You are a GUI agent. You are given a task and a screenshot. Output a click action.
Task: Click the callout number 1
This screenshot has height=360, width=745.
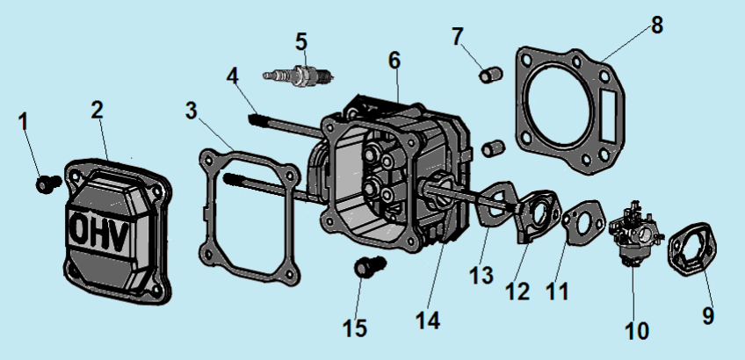[25, 121]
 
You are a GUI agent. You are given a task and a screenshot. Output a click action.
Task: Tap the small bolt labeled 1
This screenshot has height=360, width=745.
[47, 184]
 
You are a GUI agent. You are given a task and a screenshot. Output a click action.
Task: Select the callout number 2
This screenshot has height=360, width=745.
[97, 110]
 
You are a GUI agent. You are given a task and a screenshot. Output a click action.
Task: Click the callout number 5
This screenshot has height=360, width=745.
[301, 41]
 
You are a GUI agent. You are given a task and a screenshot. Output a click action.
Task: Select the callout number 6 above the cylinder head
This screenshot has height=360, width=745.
[394, 61]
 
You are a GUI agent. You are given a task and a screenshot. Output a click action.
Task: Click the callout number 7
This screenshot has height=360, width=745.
[456, 37]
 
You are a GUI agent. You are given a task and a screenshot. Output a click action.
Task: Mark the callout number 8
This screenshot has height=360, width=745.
[657, 25]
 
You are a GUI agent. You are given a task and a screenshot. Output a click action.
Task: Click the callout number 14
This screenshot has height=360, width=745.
[427, 321]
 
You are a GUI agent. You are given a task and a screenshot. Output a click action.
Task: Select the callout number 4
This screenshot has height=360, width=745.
[232, 76]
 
